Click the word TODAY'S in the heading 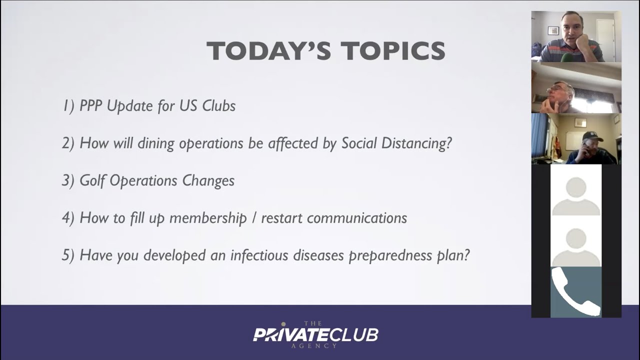pyautogui.click(x=268, y=50)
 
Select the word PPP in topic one pyautogui.click(x=90, y=105)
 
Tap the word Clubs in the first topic pyautogui.click(x=219, y=105)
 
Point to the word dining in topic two pyautogui.click(x=156, y=143)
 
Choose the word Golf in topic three pyautogui.click(x=92, y=181)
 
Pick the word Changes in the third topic pyautogui.click(x=208, y=181)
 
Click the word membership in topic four pyautogui.click(x=208, y=218)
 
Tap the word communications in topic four pyautogui.click(x=357, y=218)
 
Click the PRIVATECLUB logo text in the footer pyautogui.click(x=315, y=335)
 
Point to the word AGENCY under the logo pyautogui.click(x=314, y=346)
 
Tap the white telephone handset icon pyautogui.click(x=575, y=292)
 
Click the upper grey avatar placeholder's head pyautogui.click(x=576, y=188)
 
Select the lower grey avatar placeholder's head pyautogui.click(x=576, y=239)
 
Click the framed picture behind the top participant pyautogui.click(x=553, y=30)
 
